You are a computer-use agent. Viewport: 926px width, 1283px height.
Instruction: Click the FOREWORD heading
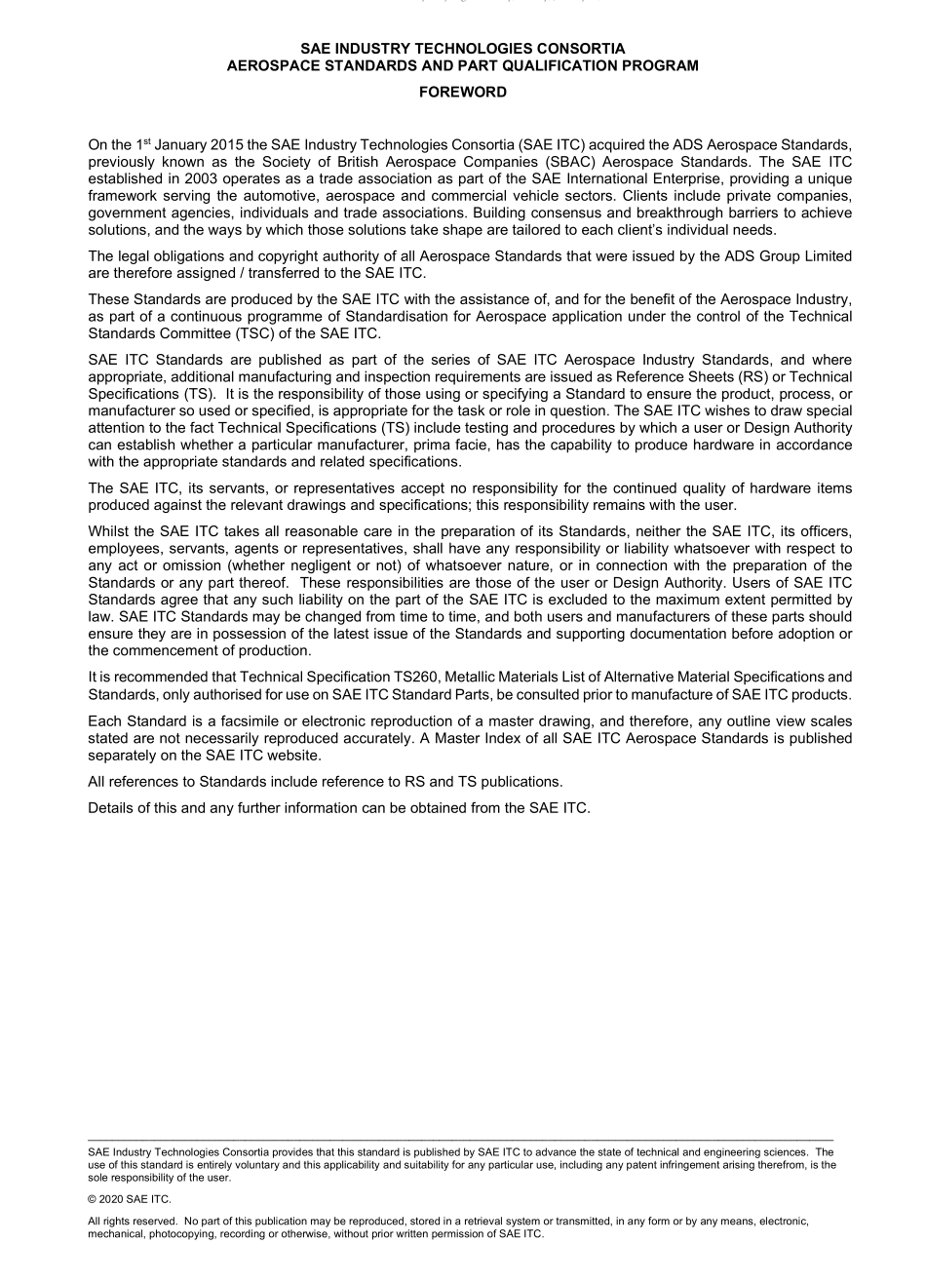coord(462,92)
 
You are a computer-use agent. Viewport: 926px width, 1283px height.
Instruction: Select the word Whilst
coord(109,531)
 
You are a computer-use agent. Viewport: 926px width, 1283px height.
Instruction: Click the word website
coord(293,756)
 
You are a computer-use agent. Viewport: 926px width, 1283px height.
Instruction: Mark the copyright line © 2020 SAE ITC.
coord(129,1199)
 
